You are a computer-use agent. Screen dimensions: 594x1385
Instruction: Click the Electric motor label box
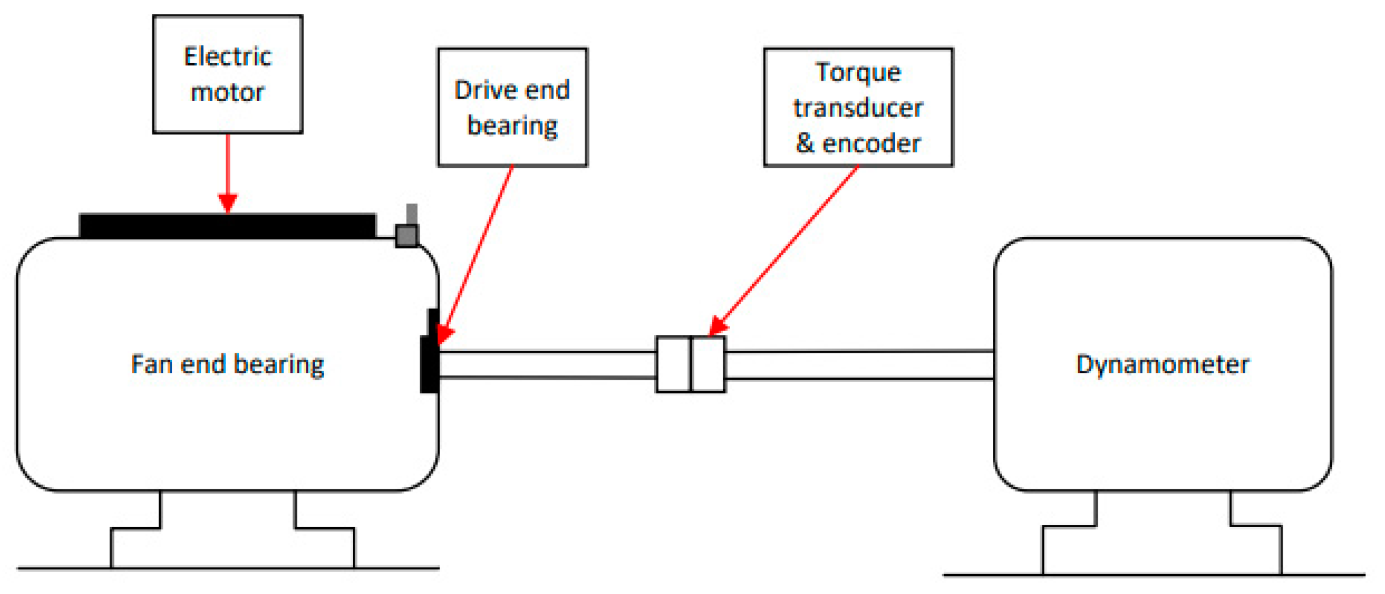pos(228,74)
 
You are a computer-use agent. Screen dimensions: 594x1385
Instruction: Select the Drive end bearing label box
pos(512,107)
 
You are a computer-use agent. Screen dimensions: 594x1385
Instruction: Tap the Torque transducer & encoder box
pos(858,107)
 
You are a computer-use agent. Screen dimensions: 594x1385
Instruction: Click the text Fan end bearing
pos(228,365)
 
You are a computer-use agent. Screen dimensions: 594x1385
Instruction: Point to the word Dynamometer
pos(1162,365)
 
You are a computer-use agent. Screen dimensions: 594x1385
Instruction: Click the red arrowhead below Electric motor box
pos(228,202)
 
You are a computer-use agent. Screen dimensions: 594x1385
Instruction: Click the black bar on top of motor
pos(228,226)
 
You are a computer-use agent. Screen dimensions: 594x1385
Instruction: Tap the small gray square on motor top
pos(406,235)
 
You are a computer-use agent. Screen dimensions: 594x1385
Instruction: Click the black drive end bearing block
pos(429,364)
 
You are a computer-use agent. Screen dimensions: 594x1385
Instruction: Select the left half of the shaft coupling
pos(673,365)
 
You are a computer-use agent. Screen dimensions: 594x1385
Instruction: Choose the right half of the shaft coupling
pos(709,365)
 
